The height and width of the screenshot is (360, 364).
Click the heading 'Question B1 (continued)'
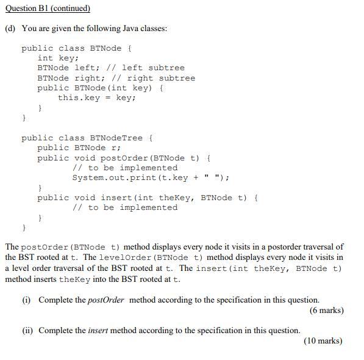[x=48, y=9]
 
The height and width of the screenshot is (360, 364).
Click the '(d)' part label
[x=10, y=29]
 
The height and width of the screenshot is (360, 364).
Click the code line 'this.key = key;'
[x=96, y=98]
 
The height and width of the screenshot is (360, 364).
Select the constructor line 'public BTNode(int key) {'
[x=100, y=88]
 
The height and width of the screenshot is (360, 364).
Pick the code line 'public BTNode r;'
[x=79, y=148]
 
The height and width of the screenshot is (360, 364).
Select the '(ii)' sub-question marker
[x=27, y=330]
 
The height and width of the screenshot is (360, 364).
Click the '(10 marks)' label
[x=323, y=341]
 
